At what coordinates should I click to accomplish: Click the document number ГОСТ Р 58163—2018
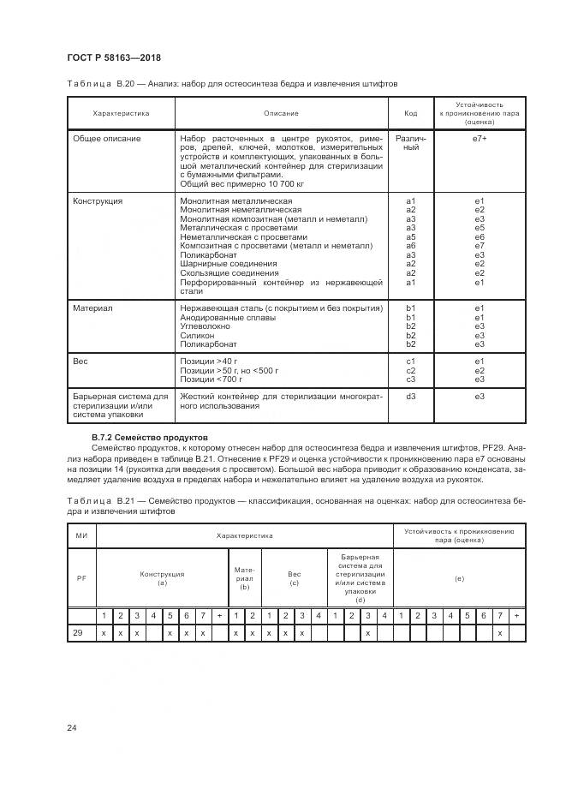pos(113,57)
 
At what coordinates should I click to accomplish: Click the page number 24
pos(72,728)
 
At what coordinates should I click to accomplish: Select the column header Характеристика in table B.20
pos(121,113)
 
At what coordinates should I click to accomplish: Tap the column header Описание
pos(281,113)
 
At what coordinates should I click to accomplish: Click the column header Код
pos(410,113)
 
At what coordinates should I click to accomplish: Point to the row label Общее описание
pos(107,138)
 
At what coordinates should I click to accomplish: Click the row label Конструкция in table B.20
pos(98,200)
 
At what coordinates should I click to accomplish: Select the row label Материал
pos(92,308)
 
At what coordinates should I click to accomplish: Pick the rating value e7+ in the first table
pos(480,138)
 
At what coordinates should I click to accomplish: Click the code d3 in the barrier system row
pos(410,396)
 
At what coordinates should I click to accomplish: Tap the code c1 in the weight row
pos(410,361)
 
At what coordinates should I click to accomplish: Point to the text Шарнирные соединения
pos(229,264)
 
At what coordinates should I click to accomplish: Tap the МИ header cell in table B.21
pos(82,535)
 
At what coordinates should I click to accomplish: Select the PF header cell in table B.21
pos(82,578)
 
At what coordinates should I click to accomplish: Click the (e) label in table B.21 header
pos(459,579)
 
